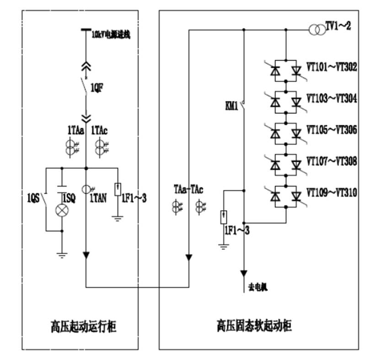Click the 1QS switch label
33,198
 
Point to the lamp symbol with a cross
61,210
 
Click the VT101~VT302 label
332,67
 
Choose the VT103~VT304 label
332,99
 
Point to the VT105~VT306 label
332,130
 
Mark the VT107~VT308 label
332,161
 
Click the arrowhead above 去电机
243,273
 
